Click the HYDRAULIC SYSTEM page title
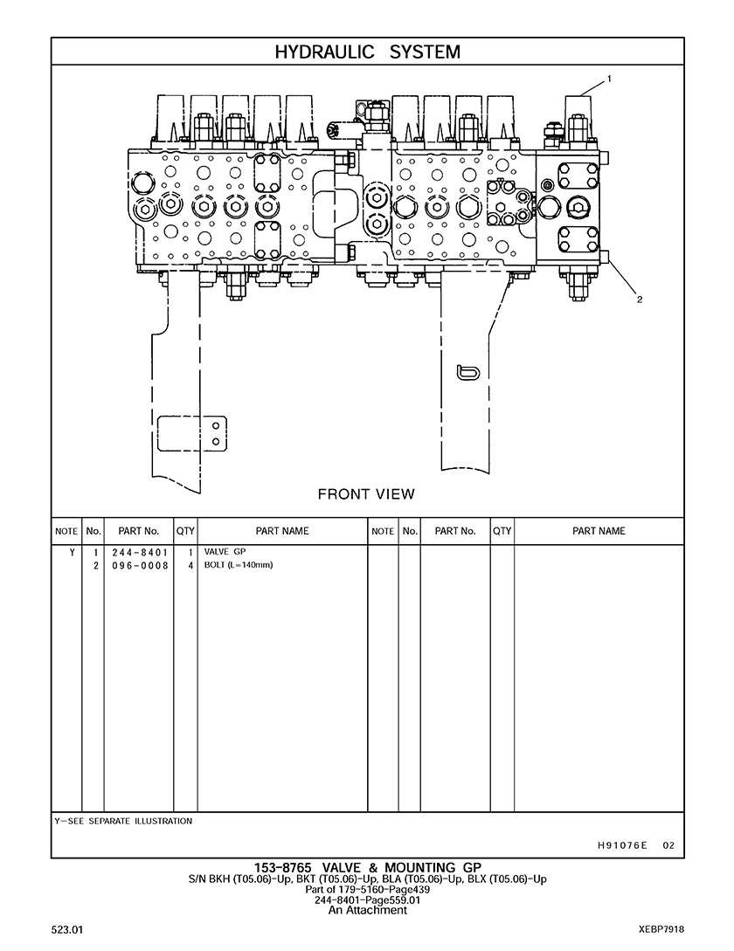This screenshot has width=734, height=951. tap(367, 52)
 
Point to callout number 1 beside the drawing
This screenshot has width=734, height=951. tap(609, 79)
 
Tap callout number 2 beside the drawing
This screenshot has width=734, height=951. tap(639, 300)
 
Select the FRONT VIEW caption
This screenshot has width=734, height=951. tap(366, 494)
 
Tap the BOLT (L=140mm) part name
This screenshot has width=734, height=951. tap(239, 565)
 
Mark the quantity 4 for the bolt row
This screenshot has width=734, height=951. tap(190, 565)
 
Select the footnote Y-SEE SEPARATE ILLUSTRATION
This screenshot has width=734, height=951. tap(123, 821)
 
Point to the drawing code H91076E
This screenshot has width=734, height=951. tap(622, 844)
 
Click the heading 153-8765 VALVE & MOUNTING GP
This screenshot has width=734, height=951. tap(367, 867)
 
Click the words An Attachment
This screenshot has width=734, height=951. tap(367, 910)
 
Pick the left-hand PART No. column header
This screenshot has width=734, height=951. tap(138, 531)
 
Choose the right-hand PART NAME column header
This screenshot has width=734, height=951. tap(599, 531)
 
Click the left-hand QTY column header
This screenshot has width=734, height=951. tap(185, 531)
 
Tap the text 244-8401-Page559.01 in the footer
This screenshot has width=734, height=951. tap(367, 899)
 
